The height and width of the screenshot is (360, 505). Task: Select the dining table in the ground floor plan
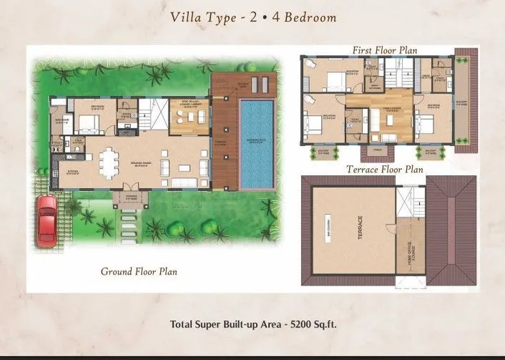[109, 163]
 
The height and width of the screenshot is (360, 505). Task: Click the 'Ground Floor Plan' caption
[139, 271]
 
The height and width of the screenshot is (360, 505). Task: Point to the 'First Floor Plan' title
[384, 50]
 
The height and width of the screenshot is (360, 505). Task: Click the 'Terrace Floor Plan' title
[384, 170]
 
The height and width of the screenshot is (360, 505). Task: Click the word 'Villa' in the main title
[188, 17]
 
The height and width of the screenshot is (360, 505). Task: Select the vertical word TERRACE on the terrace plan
[361, 230]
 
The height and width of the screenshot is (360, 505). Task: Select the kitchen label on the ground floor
[72, 172]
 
